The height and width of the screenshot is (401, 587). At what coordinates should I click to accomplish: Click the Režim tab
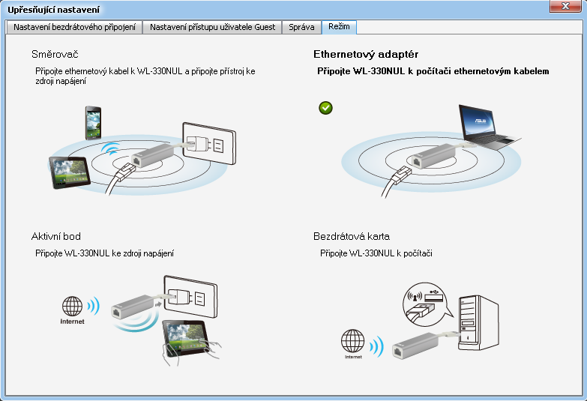click(x=339, y=26)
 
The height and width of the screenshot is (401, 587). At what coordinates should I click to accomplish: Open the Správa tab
click(x=301, y=27)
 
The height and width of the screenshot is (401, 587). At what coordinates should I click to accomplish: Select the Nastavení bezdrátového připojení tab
click(x=74, y=27)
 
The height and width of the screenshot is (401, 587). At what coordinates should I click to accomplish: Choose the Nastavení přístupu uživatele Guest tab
click(x=212, y=27)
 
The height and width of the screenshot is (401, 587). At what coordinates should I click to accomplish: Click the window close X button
click(x=565, y=6)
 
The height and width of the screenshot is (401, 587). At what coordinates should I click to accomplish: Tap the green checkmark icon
click(x=325, y=108)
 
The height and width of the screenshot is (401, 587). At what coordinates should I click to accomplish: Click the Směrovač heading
click(x=55, y=54)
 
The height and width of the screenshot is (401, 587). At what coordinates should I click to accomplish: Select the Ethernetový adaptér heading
click(x=366, y=54)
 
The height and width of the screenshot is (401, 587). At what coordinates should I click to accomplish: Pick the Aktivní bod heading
click(x=56, y=236)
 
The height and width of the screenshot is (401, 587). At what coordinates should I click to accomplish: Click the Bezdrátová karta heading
click(x=352, y=236)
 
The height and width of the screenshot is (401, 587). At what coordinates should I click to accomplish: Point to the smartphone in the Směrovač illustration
click(x=93, y=123)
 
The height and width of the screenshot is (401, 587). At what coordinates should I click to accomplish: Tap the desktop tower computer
click(x=478, y=323)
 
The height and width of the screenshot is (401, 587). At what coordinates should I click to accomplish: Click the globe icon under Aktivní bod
click(x=72, y=307)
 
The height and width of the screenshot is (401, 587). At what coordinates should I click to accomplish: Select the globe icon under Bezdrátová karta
click(x=352, y=341)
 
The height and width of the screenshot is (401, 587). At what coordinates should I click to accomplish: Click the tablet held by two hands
click(x=186, y=338)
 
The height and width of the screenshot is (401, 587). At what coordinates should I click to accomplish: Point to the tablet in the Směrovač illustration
click(x=70, y=172)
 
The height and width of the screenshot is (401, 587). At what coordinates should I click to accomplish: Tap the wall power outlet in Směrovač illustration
click(x=209, y=143)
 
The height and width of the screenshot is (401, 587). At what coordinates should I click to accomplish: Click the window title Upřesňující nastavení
click(x=53, y=10)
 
